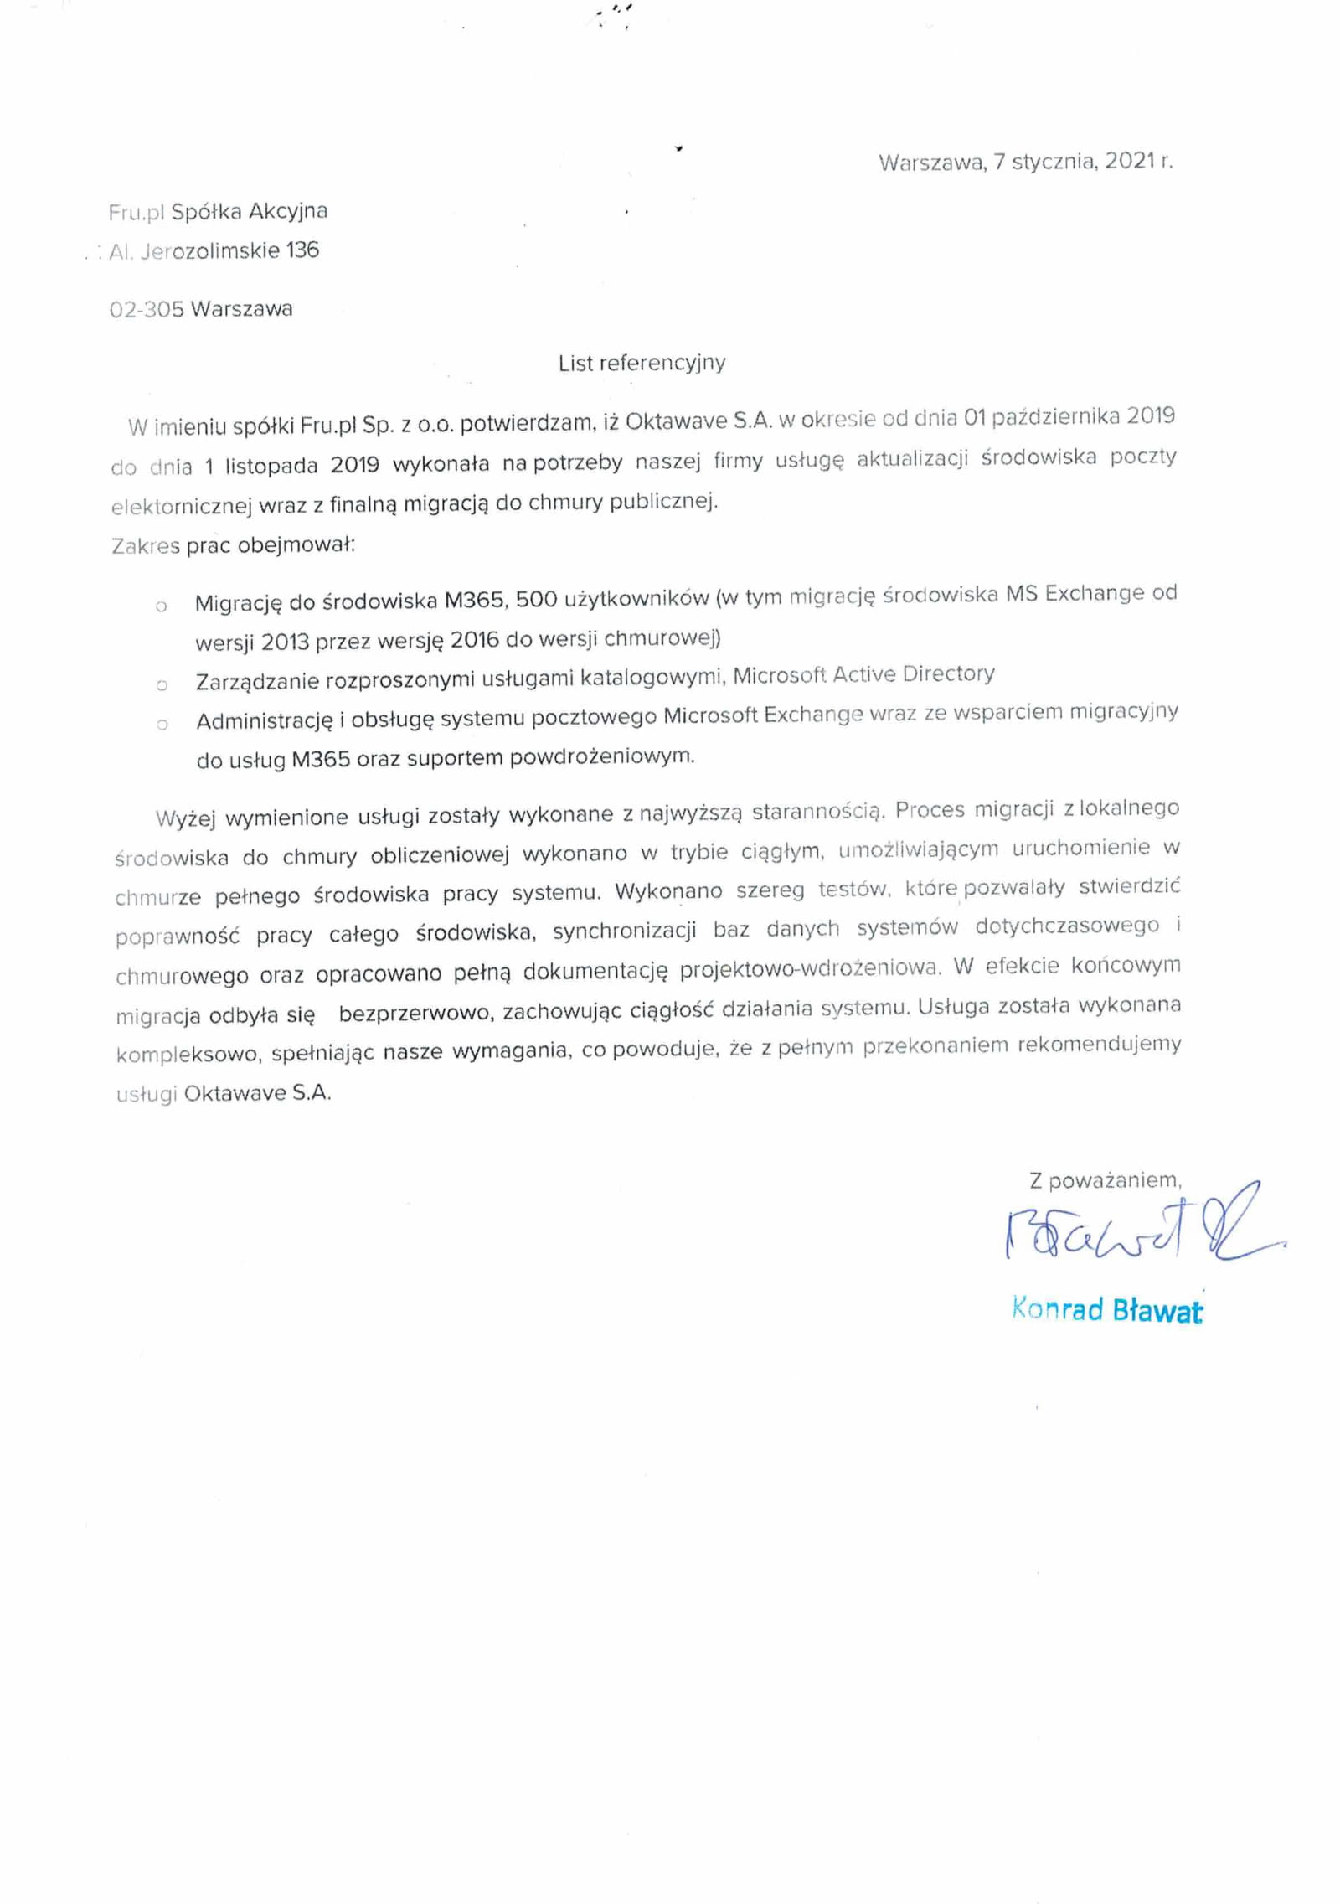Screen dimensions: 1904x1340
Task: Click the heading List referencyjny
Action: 642,363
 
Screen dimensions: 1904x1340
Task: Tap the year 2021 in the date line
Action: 1130,161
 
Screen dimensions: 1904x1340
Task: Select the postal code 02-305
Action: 146,309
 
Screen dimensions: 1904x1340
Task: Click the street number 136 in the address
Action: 301,250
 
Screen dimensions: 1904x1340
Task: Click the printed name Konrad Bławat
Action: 1106,1309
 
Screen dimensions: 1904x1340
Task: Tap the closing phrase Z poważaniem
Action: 1105,1180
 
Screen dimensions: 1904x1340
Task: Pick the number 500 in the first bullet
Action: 536,599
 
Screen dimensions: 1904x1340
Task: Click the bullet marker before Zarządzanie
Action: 162,685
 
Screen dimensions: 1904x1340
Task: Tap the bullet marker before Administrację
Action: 162,724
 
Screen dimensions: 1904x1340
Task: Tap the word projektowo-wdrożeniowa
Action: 810,967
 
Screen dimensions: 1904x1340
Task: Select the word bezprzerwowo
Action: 414,1013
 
